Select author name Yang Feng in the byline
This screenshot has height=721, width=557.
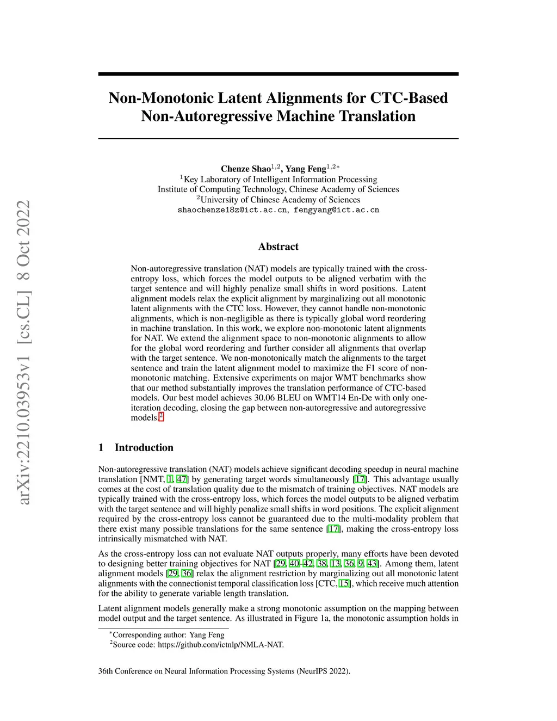pos(306,169)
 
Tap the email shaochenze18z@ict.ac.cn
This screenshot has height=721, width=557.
pos(232,210)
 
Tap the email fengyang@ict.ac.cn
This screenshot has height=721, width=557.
pos(336,210)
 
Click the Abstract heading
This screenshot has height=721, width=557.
pos(278,247)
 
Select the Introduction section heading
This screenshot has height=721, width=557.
pos(144,447)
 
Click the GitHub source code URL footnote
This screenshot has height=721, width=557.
pos(220,645)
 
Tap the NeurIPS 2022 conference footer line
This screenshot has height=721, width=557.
pos(224,671)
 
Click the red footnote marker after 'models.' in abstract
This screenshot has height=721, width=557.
pos(161,417)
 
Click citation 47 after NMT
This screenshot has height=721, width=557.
pos(182,479)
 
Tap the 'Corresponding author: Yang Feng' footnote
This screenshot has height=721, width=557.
pos(168,634)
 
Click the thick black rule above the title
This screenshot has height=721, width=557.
pos(278,74)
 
